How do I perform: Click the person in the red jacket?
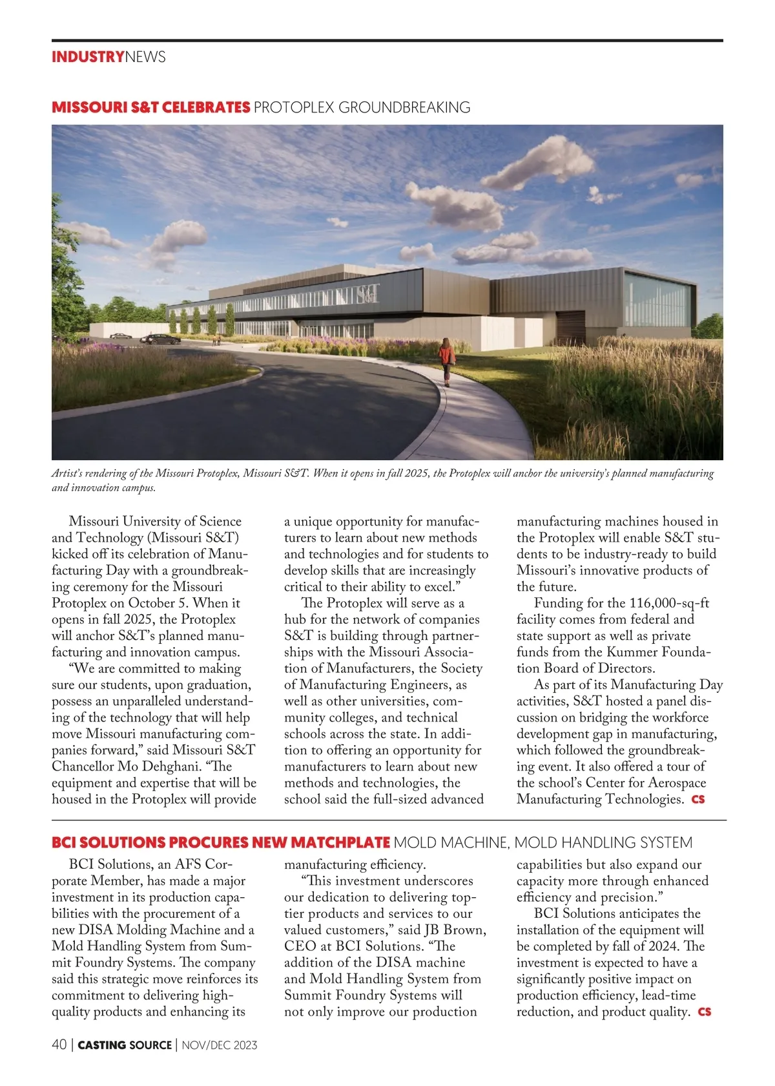(x=446, y=360)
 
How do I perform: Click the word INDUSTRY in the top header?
(x=88, y=57)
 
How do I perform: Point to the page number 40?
(x=59, y=1045)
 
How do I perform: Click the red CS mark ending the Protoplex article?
(x=698, y=800)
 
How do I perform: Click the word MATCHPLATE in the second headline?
(x=340, y=842)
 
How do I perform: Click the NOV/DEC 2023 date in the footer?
(x=220, y=1045)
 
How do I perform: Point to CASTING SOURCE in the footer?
(x=125, y=1045)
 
